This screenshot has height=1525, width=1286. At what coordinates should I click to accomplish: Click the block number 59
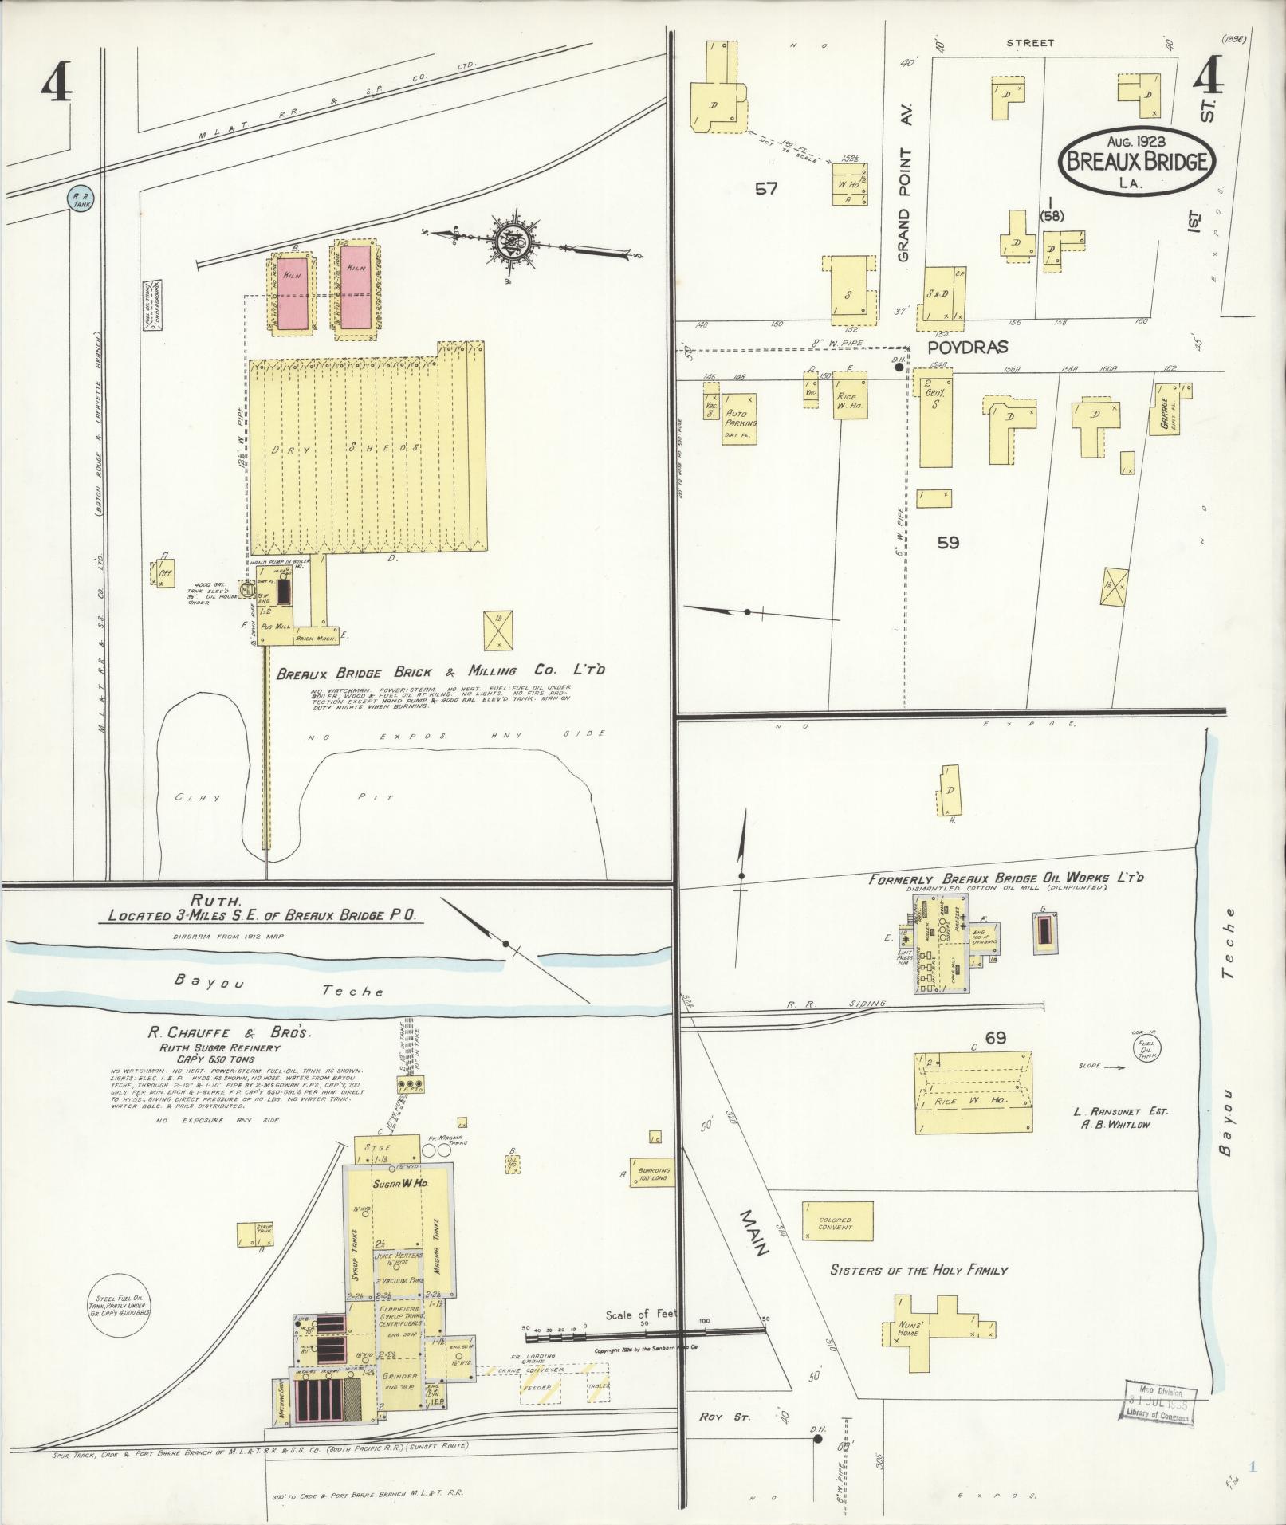(x=948, y=543)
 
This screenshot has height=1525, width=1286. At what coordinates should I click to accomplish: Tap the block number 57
(x=766, y=190)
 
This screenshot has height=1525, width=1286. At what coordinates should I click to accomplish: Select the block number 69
(x=995, y=1038)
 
